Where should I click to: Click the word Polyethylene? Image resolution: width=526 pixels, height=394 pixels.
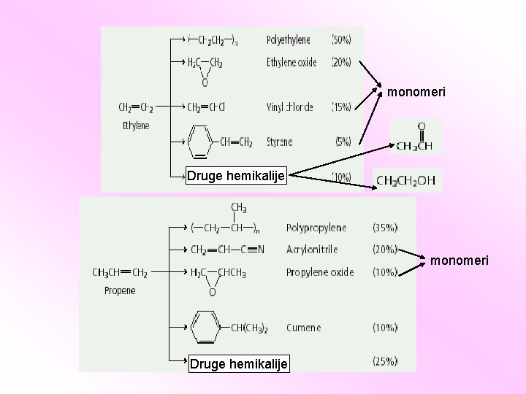pos(288,39)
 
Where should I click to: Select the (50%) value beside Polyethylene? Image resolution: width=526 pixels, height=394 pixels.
pos(341,39)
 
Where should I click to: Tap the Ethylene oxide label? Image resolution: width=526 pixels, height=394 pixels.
pos(291,63)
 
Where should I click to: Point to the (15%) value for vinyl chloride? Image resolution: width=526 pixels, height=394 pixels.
pos(341,107)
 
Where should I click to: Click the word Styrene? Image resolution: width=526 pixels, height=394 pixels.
pos(280,141)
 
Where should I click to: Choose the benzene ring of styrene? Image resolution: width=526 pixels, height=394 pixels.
pos(199,141)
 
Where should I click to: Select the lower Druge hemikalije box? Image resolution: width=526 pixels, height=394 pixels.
pos(238,363)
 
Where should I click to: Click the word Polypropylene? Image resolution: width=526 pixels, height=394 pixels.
pos(316,228)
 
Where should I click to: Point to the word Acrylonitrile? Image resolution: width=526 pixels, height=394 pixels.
pos(312,250)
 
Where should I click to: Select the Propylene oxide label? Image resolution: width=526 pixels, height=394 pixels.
pos(320,272)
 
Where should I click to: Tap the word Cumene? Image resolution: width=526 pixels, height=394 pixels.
pos(303,328)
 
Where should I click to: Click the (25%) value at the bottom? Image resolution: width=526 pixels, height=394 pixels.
pos(385,361)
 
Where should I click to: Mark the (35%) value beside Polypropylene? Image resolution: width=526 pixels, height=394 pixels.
pos(385,228)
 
